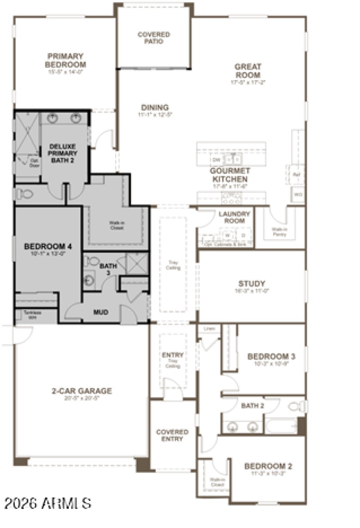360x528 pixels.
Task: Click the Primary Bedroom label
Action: click(66, 60)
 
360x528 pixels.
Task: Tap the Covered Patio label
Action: click(153, 38)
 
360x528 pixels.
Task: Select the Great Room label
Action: click(247, 71)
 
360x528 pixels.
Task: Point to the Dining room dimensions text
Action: click(155, 115)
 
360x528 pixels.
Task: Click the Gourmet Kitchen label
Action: click(229, 175)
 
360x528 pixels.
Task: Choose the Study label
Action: click(252, 284)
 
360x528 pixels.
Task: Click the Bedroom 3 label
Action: click(271, 357)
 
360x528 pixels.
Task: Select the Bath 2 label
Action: click(252, 406)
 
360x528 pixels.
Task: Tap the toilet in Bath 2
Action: click(296, 407)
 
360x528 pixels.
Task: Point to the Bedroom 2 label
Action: click(268, 466)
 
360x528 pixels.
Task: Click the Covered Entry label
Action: click(172, 435)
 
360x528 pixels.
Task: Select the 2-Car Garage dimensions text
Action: click(81, 398)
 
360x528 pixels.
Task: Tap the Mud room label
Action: click(100, 312)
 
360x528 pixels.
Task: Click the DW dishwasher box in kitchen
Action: click(216, 160)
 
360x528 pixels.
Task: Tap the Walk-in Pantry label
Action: click(279, 231)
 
